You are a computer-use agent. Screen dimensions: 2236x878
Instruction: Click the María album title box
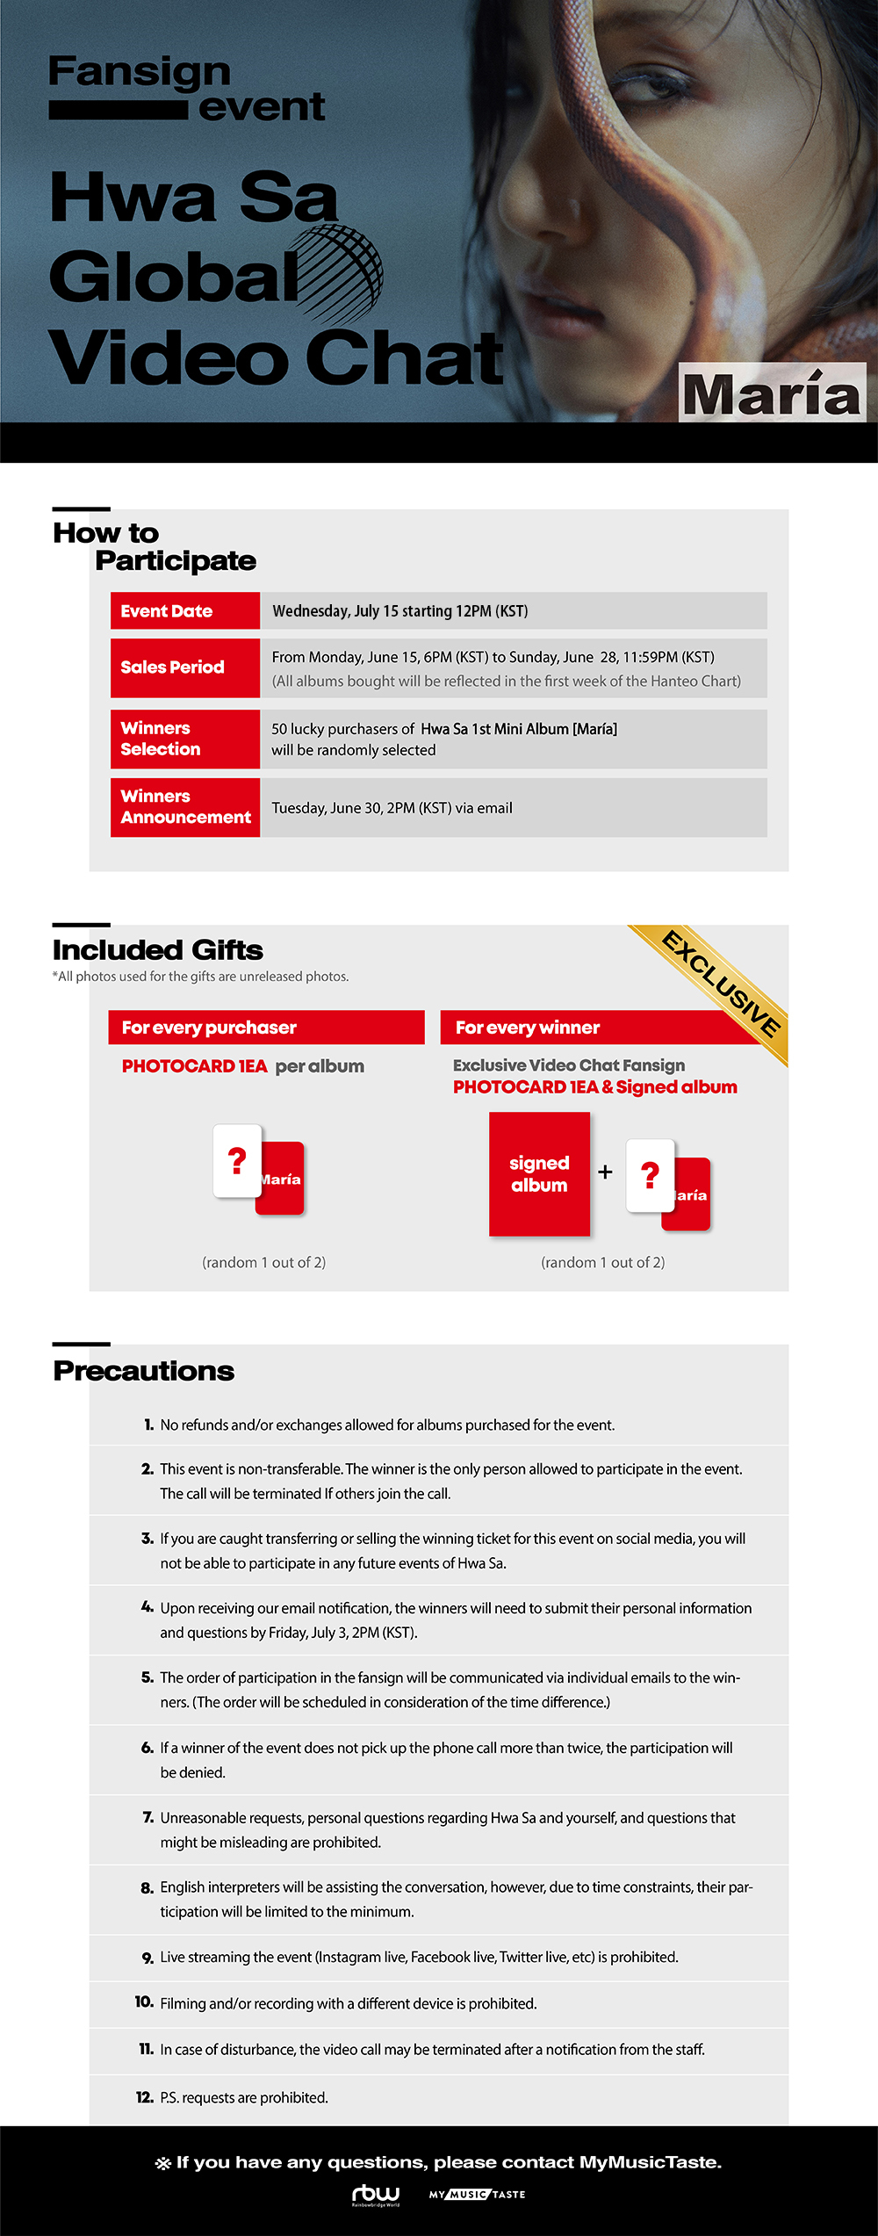pyautogui.click(x=772, y=393)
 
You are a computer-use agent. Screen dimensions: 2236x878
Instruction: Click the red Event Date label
pyautogui.click(x=185, y=611)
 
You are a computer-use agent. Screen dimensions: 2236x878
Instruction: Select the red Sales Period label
pyautogui.click(x=185, y=667)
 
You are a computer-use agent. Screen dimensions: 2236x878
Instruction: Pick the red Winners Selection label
pyautogui.click(x=185, y=739)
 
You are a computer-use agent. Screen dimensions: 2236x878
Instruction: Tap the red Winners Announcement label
pyautogui.click(x=185, y=807)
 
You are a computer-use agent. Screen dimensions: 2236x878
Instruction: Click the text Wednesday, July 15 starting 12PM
pyautogui.click(x=399, y=611)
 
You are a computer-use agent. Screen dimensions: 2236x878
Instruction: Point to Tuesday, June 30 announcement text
pyautogui.click(x=392, y=808)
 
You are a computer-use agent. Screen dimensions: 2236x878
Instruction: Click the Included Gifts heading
pyautogui.click(x=158, y=950)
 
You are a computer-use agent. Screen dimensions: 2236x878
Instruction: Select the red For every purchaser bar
pyautogui.click(x=266, y=1028)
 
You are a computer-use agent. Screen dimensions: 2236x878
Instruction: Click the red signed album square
pyautogui.click(x=539, y=1174)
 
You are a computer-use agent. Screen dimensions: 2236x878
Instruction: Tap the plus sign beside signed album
pyautogui.click(x=605, y=1172)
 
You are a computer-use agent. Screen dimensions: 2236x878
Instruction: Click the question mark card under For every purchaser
pyautogui.click(x=238, y=1161)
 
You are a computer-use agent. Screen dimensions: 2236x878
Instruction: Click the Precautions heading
pyautogui.click(x=144, y=1371)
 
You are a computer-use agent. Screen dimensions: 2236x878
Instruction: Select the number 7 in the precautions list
pyautogui.click(x=148, y=1817)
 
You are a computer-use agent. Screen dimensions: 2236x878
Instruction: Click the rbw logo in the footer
pyautogui.click(x=376, y=2195)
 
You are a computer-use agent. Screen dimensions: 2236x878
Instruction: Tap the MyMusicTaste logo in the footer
pyautogui.click(x=477, y=2195)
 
